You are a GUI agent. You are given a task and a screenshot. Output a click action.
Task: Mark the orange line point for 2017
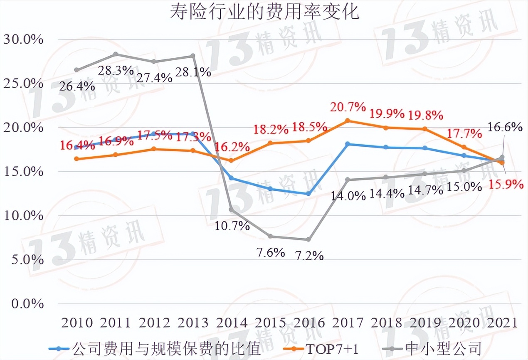(x=348, y=121)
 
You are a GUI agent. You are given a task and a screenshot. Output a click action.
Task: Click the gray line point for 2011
(x=116, y=54)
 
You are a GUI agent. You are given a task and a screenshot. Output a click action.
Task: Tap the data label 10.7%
(x=232, y=226)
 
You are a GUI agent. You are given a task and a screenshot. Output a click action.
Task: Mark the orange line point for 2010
(x=77, y=159)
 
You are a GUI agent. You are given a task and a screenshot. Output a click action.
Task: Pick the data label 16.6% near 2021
(x=505, y=127)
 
